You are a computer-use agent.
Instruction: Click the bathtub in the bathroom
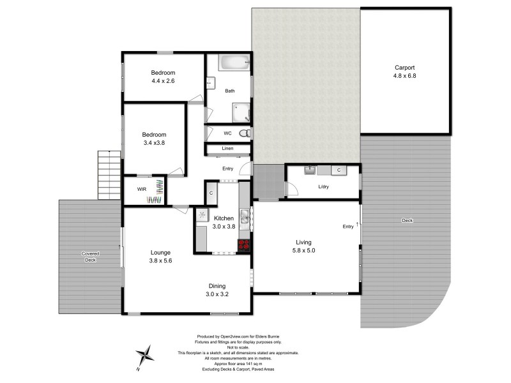click(234, 64)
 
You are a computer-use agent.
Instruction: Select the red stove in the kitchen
click(244, 244)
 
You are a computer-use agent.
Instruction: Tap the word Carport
click(405, 68)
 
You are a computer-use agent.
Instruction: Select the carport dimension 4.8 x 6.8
click(405, 75)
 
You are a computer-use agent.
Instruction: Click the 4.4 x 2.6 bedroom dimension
click(163, 81)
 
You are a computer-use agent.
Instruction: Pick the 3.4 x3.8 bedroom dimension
click(154, 143)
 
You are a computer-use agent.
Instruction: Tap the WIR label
click(142, 189)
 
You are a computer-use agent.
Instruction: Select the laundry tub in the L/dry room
click(310, 170)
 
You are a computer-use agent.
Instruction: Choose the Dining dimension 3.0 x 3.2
click(217, 294)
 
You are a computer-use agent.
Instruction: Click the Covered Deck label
click(90, 257)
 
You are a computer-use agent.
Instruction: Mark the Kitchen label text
click(224, 218)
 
